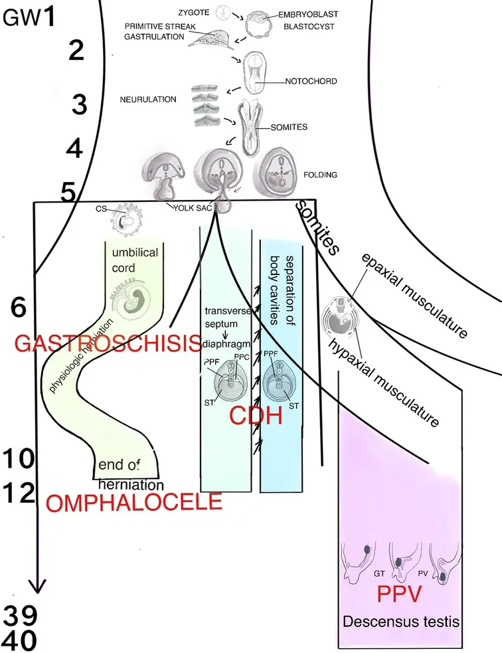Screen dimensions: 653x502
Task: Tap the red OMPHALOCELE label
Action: (x=134, y=502)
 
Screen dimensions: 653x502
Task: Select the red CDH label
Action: (x=256, y=417)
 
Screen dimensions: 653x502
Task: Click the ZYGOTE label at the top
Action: (x=197, y=11)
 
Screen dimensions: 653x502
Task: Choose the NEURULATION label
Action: (x=147, y=100)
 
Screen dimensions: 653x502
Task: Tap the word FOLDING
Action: (x=321, y=175)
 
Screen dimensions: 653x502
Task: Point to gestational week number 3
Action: (x=79, y=105)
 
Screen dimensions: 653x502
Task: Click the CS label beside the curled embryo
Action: (x=101, y=210)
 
